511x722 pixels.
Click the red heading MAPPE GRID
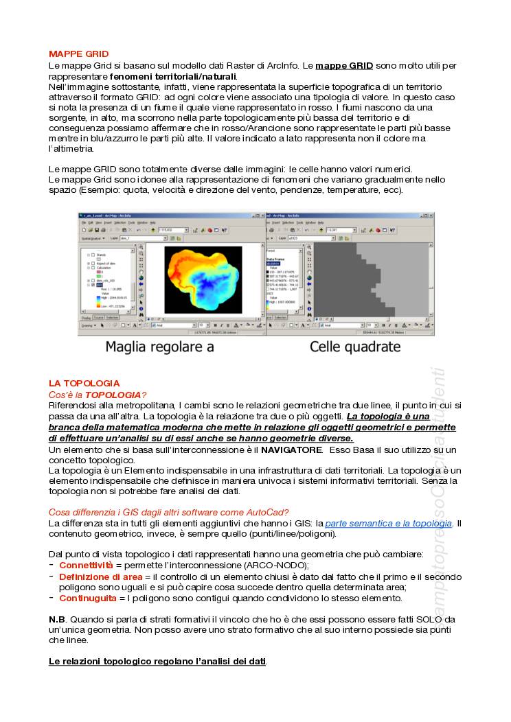(78, 54)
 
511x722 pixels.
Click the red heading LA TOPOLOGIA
(84, 383)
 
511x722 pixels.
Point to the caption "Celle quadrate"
(355, 347)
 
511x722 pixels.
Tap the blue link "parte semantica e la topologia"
(388, 523)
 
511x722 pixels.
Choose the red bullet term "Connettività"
(86, 565)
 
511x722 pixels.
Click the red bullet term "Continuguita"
(87, 598)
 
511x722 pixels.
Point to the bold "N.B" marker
(57, 619)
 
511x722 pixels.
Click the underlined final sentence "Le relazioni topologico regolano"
(157, 661)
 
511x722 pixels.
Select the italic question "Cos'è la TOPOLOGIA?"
(97, 395)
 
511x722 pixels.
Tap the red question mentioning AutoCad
(168, 512)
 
